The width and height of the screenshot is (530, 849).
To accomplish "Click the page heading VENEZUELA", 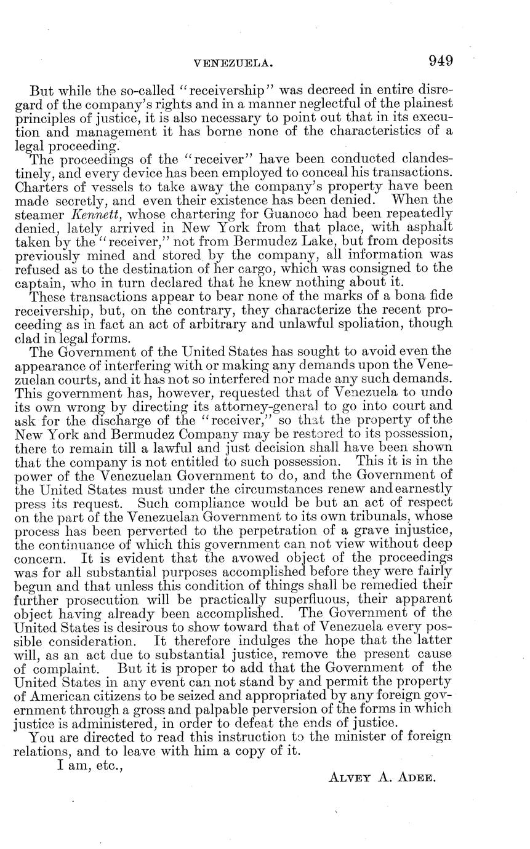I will pos(233,63).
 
